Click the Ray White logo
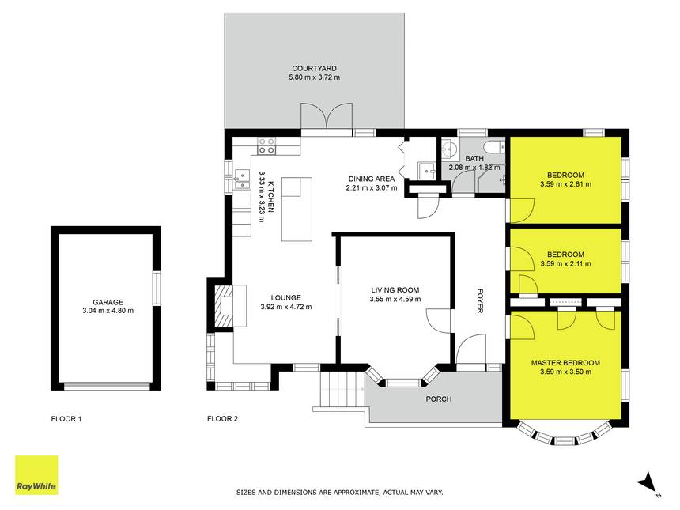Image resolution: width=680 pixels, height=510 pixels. coord(36,475)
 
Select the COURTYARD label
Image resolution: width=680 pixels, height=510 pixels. coord(315,69)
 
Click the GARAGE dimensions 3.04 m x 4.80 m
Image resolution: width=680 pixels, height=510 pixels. coord(108,311)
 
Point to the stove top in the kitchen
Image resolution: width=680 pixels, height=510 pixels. coord(266,145)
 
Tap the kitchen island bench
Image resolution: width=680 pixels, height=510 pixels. coord(297,209)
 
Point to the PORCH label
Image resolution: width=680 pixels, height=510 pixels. coord(439,399)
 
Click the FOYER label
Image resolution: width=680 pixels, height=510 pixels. coord(480,300)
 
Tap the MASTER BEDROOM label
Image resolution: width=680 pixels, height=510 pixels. coord(565,363)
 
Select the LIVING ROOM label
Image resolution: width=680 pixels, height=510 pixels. coord(395,290)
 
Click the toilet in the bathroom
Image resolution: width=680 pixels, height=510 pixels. coord(494,146)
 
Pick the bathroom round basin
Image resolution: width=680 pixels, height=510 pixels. coord(449,149)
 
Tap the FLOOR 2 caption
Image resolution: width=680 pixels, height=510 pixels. coord(222,419)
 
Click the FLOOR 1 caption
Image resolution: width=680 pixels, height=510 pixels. coord(66,419)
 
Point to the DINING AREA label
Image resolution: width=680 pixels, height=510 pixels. coord(372,179)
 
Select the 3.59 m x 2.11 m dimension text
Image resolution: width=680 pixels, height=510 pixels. coord(565,263)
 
